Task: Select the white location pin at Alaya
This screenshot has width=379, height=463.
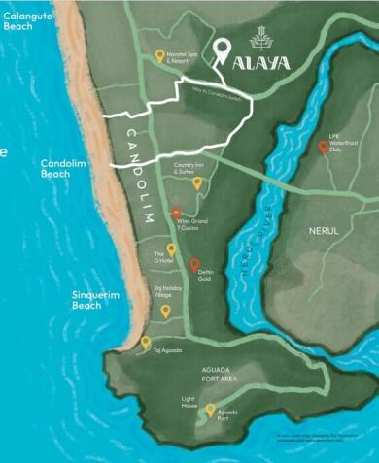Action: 224,49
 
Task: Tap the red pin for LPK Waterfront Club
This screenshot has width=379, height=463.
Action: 324,148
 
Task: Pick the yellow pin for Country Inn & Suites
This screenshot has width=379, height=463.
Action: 196,182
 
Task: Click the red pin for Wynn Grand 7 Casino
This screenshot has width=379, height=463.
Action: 176,214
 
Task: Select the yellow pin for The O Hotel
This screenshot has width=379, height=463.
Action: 171,249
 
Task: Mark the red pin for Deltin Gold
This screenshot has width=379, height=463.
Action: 194,264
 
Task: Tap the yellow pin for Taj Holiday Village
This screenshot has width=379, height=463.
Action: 165,311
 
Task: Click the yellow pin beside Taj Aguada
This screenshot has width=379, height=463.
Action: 146,342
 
